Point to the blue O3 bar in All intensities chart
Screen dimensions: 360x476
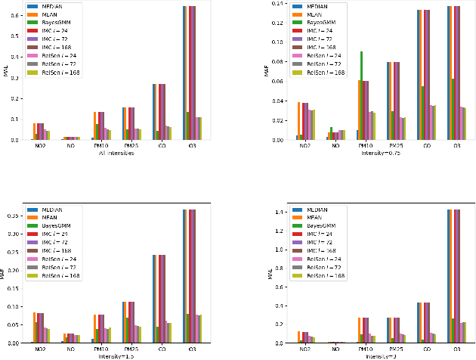point(184,73)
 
